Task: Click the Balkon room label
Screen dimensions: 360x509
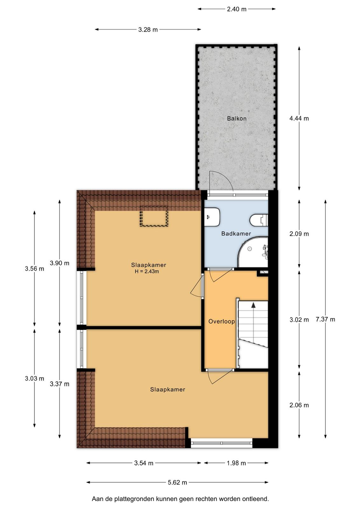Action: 236,118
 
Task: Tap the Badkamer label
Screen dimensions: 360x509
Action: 236,234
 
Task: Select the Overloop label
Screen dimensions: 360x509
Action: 221,321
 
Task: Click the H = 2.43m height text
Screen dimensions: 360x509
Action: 147,271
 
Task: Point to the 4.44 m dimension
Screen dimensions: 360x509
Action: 299,118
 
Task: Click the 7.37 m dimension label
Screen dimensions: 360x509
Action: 325,319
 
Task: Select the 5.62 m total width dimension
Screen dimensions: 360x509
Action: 177,482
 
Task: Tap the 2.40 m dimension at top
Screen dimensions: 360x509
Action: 236,9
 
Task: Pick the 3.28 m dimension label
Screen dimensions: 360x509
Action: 148,30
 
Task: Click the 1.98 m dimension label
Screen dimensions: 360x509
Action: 236,463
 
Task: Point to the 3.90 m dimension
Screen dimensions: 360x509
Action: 59,263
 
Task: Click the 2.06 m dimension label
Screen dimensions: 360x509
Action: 299,405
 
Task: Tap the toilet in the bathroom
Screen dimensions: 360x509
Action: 259,220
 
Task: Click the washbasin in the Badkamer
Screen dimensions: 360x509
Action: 212,217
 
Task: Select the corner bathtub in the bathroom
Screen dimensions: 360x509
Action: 253,252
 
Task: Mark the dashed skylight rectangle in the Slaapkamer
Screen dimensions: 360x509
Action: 154,216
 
